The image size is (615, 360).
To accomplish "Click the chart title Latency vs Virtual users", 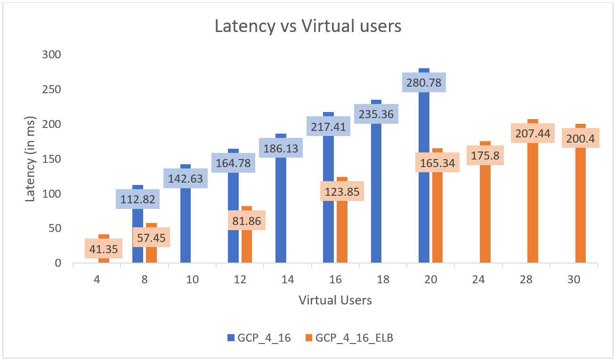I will (x=308, y=26).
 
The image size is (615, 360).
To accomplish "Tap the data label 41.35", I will (x=104, y=248).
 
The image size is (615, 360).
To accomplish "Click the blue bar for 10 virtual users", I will (x=186, y=226).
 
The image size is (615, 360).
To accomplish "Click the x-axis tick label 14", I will (x=288, y=280).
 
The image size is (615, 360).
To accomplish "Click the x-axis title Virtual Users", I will (x=335, y=300).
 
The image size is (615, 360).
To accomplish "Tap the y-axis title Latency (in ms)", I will (x=30, y=159).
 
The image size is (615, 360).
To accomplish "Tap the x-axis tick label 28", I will (x=526, y=280).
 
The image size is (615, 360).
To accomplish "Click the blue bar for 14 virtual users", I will (x=281, y=212).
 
